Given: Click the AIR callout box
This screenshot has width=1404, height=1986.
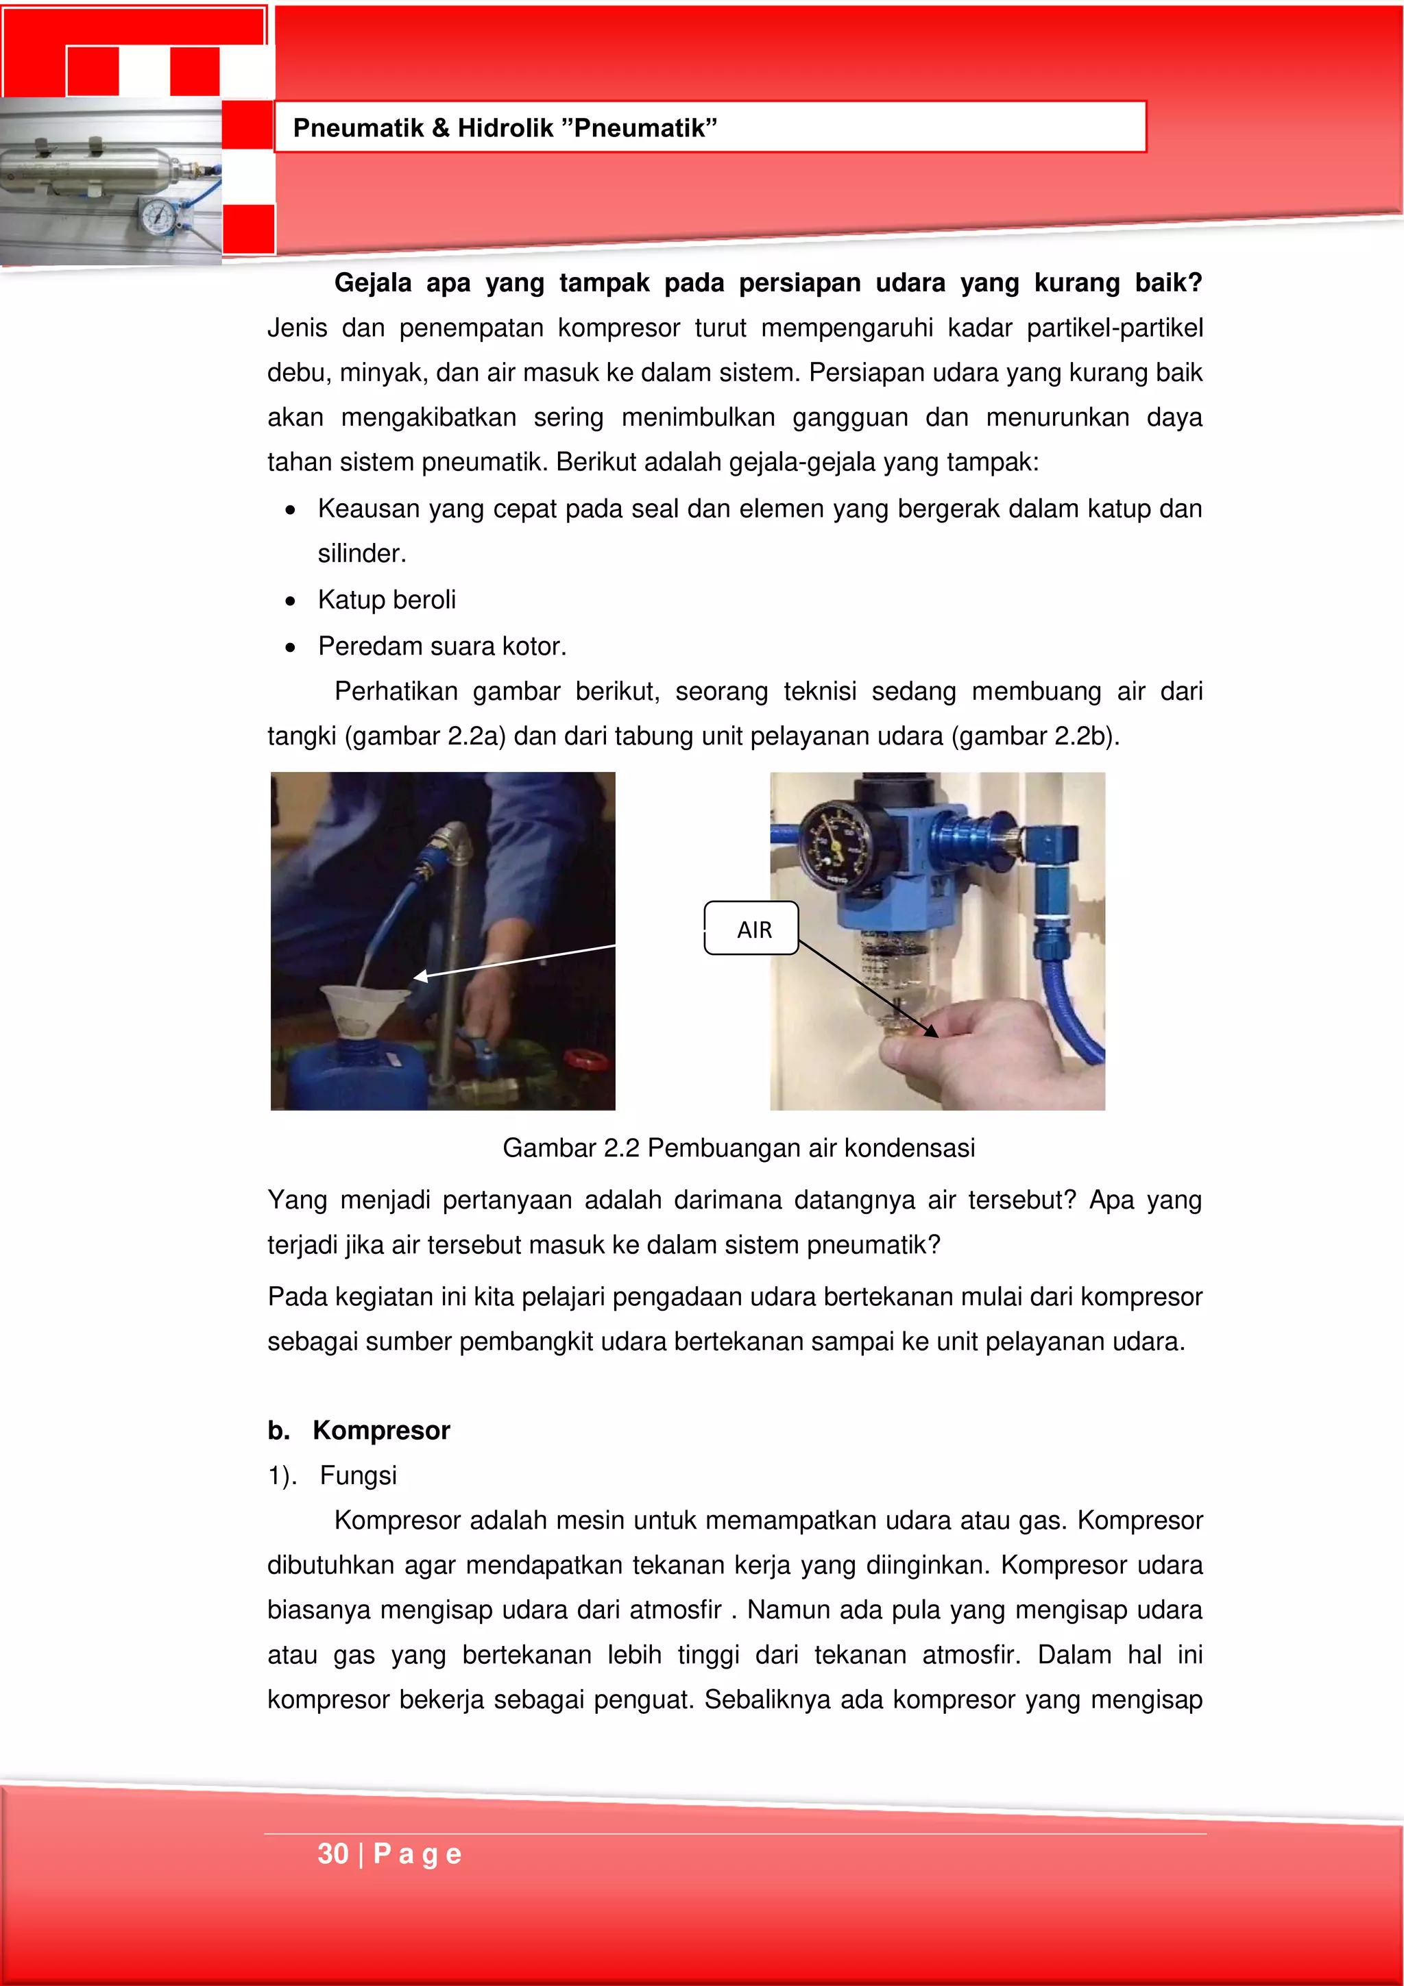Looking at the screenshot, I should [x=751, y=929].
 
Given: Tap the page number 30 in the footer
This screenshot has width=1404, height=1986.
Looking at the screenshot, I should [x=333, y=1854].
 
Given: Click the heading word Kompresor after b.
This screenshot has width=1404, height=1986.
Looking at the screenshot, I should [x=381, y=1431].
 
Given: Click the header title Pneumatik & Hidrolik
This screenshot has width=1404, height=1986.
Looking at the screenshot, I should [x=505, y=128].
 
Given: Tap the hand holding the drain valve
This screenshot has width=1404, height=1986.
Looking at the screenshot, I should [x=978, y=1047].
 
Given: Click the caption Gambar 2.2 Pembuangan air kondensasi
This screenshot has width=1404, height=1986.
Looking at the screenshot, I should [x=739, y=1148].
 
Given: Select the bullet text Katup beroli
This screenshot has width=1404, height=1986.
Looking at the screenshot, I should [x=387, y=599].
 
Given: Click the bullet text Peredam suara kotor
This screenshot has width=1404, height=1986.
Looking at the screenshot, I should [x=442, y=646].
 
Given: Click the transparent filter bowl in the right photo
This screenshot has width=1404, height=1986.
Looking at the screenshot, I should [x=891, y=969].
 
